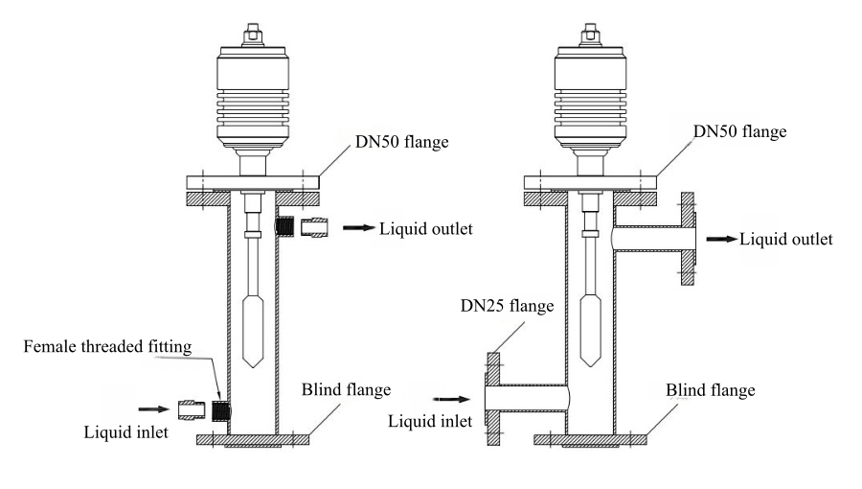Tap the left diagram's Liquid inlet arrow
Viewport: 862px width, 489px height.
point(152,407)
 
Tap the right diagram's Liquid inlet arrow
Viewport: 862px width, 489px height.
point(451,397)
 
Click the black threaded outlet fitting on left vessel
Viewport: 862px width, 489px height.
point(284,227)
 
